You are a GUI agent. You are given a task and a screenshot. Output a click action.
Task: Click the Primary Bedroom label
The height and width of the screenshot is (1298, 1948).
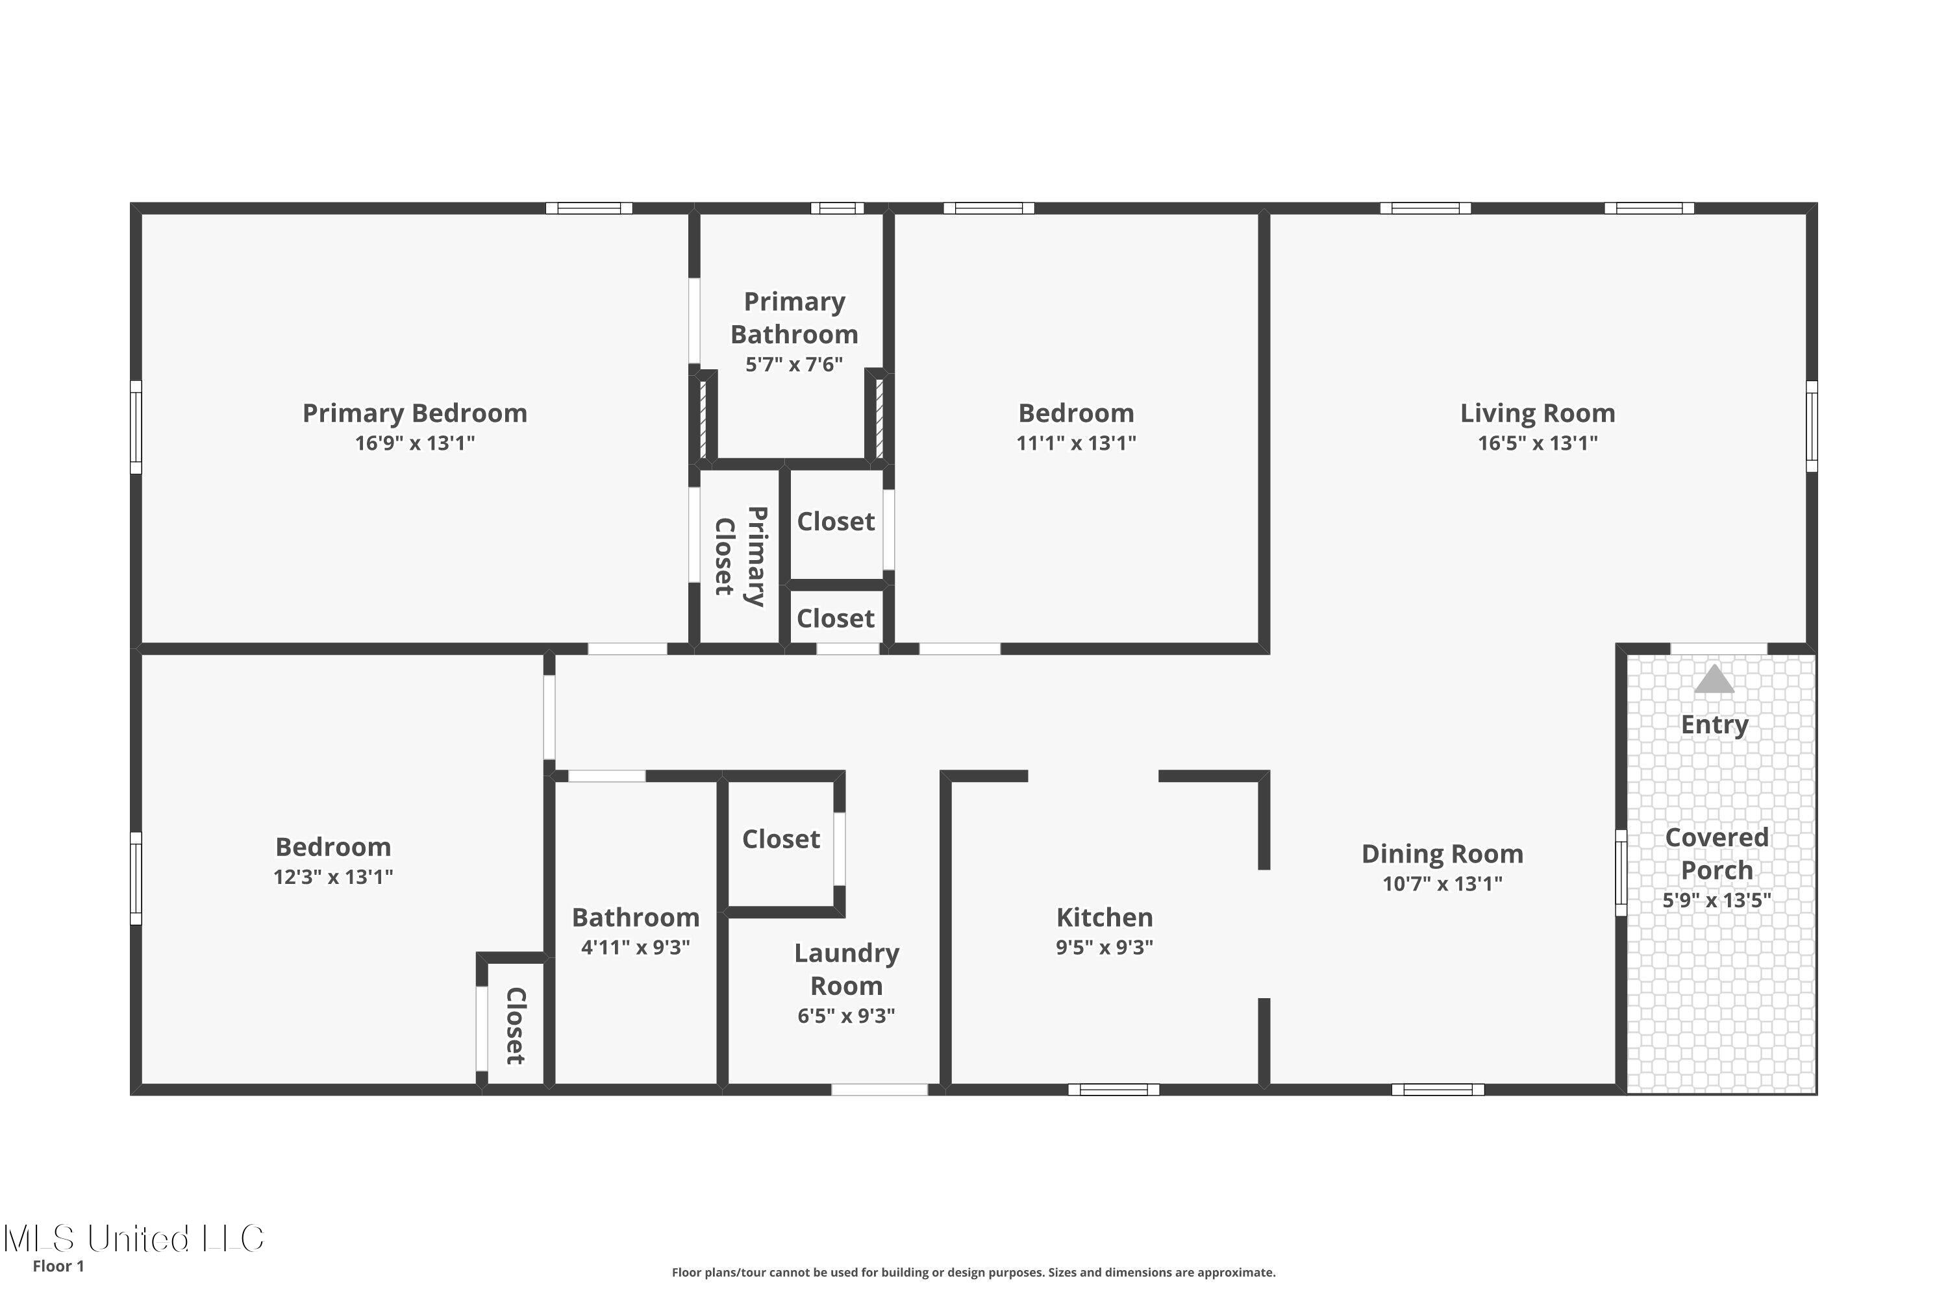414,413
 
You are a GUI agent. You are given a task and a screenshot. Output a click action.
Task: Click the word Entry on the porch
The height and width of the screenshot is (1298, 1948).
1714,724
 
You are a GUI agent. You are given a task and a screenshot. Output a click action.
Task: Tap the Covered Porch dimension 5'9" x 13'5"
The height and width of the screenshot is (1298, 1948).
1716,901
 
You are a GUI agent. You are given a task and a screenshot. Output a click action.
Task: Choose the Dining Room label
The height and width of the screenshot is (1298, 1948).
1442,853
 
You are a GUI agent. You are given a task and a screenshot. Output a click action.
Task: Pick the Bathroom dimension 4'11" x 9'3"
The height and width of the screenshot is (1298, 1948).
635,947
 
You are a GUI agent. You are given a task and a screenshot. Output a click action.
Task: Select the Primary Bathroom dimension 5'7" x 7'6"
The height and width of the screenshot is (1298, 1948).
793,365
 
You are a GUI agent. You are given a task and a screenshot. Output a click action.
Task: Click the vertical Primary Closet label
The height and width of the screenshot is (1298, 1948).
740,556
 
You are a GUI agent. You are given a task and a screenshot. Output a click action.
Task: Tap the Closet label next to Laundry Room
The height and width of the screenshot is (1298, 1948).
780,839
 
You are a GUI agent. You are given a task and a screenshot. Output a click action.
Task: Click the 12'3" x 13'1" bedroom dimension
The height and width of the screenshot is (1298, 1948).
333,877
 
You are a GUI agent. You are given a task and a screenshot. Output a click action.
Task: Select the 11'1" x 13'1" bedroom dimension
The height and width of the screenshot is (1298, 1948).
1076,443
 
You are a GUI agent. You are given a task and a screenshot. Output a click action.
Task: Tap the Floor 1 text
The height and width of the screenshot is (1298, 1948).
58,1266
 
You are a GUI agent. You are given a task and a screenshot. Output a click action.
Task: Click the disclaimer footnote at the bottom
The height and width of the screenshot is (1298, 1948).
973,1272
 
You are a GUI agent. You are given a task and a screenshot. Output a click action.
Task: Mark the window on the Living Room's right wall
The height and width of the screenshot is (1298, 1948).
1812,426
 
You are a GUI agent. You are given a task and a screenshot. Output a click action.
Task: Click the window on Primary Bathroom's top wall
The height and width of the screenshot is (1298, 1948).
836,208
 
